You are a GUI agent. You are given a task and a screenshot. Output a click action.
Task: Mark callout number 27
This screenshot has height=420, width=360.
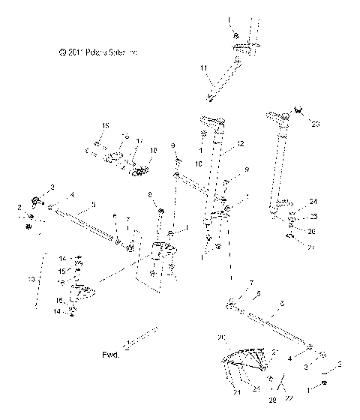(313, 244)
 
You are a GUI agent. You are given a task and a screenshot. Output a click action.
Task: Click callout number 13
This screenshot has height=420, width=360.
(31, 278)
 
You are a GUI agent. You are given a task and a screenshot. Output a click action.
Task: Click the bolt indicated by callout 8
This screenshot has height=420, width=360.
(160, 215)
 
